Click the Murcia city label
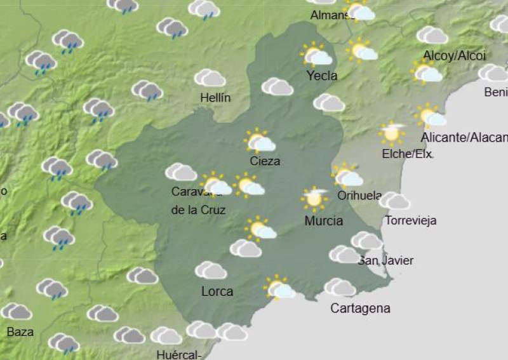(324, 221)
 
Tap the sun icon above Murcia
(314, 198)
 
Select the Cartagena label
(360, 309)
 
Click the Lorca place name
(217, 291)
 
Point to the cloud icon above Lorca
(211, 270)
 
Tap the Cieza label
(265, 161)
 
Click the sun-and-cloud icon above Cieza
(260, 141)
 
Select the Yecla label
(322, 76)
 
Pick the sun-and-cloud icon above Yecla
(316, 55)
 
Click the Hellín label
(215, 98)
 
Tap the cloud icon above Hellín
(210, 78)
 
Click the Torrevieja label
(411, 221)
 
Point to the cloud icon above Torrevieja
(395, 201)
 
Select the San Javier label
(386, 260)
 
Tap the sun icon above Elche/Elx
(392, 133)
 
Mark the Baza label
(20, 331)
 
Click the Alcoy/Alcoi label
(454, 56)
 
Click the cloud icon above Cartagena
(340, 288)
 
